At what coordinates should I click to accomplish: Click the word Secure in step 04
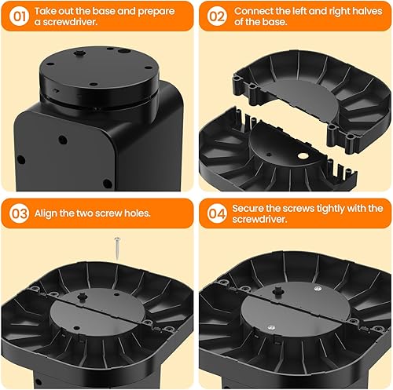(x=257, y=207)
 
